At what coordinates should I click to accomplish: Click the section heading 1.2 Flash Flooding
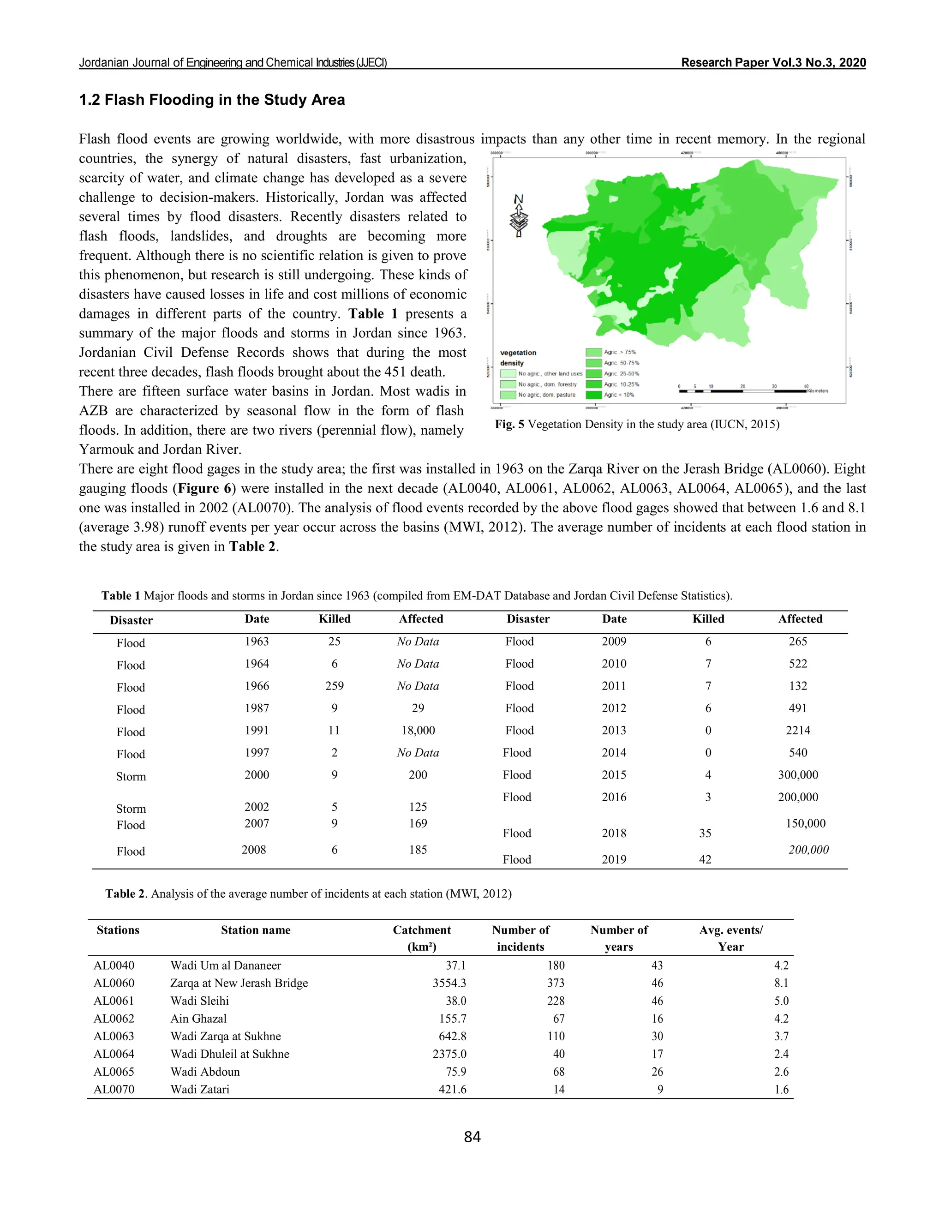[212, 100]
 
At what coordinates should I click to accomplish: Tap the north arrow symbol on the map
[519, 216]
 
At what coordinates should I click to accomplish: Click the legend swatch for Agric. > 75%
[593, 352]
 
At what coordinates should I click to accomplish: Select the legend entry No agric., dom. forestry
[546, 384]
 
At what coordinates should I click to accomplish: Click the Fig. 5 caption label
[509, 425]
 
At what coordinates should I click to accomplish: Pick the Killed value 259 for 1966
[334, 686]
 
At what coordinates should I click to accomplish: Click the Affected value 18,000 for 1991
[418, 730]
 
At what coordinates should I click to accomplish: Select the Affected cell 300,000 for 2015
[798, 775]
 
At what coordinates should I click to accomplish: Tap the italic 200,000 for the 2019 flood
[808, 850]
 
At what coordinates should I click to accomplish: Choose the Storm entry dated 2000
[131, 777]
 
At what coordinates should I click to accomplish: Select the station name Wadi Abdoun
[205, 1072]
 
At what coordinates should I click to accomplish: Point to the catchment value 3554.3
[449, 983]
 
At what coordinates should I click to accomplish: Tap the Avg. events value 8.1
[781, 983]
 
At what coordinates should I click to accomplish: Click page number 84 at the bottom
[472, 1137]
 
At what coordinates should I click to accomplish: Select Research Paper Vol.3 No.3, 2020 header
[773, 63]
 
